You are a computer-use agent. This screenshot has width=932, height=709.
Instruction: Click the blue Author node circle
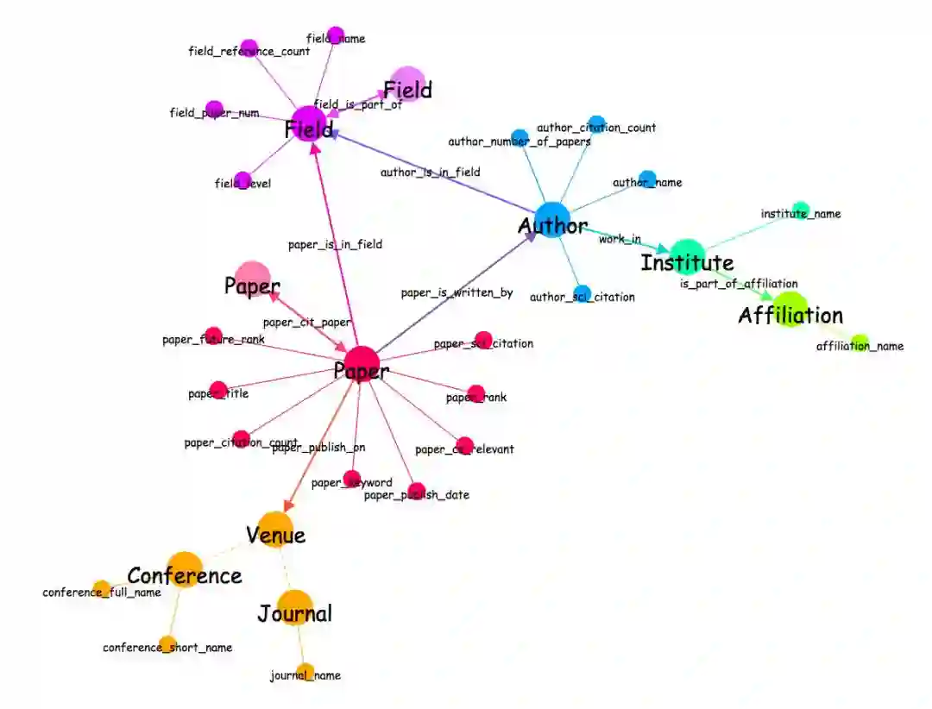(549, 218)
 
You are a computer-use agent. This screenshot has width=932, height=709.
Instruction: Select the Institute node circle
(687, 256)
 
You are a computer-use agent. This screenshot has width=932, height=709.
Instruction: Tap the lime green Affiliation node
(790, 310)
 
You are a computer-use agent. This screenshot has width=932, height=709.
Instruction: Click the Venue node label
(275, 535)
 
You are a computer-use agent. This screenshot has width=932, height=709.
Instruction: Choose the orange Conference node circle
(184, 569)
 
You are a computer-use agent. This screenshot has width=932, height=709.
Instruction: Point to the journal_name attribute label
(305, 675)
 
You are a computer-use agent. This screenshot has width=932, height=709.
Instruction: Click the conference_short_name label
(167, 647)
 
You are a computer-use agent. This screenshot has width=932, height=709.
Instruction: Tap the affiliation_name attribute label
(860, 346)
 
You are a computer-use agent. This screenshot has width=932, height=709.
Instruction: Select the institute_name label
(800, 213)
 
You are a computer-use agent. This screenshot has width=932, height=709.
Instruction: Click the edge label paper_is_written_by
(457, 292)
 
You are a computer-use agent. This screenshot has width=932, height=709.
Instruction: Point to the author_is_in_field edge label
(430, 172)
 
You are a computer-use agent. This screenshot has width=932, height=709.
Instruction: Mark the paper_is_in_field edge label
(335, 244)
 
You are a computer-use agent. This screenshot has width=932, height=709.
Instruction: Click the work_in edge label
(620, 238)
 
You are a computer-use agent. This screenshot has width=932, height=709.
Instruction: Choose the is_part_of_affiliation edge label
(739, 283)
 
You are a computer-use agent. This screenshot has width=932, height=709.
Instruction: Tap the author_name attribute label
(647, 182)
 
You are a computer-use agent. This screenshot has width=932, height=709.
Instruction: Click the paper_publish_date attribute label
(416, 494)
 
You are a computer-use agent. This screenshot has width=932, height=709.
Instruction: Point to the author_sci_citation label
(582, 297)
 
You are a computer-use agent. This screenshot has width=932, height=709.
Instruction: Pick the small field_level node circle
(243, 179)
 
